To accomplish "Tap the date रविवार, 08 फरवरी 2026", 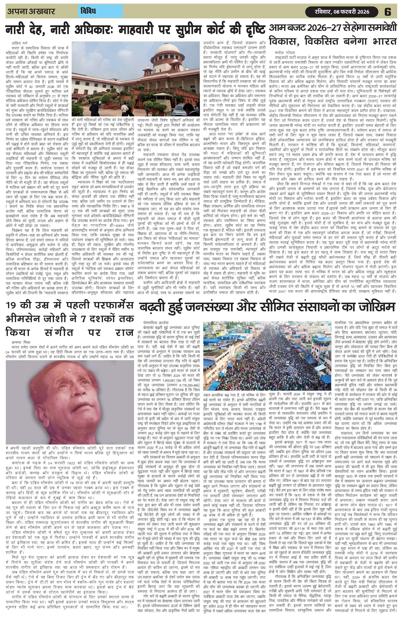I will (x=342, y=12).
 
